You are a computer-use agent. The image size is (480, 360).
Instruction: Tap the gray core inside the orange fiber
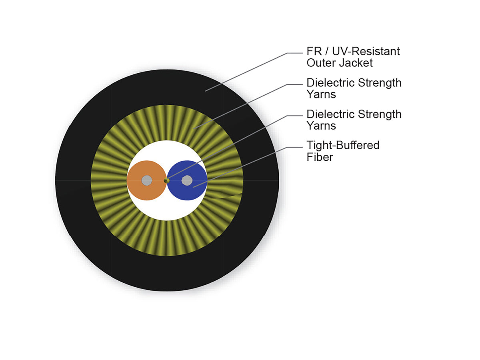[147, 180]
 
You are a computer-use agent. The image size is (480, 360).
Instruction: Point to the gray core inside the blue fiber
[187, 180]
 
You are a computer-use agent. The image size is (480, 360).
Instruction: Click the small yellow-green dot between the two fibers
[167, 180]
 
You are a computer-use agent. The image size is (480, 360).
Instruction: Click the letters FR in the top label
[314, 51]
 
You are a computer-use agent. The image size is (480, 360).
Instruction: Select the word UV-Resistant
[366, 51]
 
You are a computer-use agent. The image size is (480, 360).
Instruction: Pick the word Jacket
[356, 63]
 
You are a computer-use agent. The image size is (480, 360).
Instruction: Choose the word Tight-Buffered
[343, 145]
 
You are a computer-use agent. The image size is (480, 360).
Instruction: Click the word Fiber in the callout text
[320, 157]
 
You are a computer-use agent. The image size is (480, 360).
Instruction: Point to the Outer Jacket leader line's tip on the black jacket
[205, 91]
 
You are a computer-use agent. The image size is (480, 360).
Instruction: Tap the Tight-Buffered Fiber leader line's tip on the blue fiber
[193, 187]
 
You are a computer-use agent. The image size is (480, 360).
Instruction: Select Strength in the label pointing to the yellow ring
[380, 83]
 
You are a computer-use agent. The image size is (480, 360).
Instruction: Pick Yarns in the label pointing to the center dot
[321, 126]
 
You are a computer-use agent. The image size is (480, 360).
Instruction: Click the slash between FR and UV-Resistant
[327, 51]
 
